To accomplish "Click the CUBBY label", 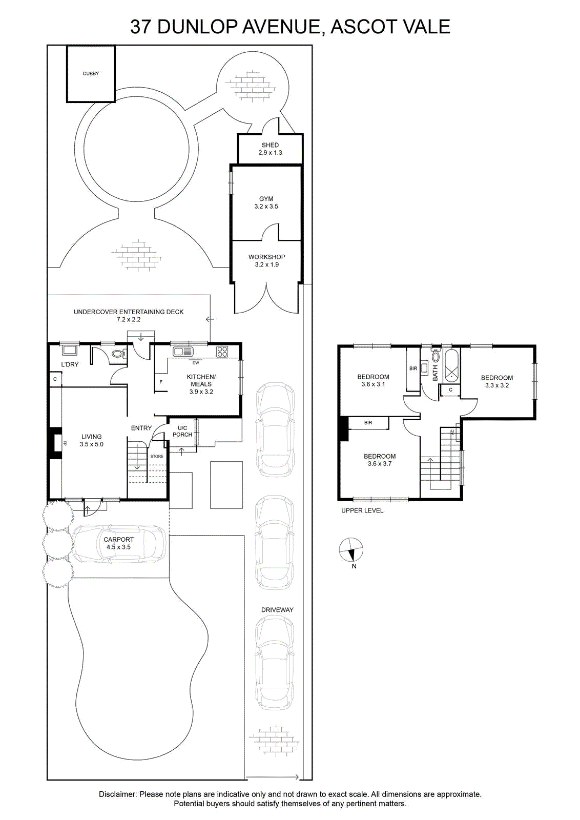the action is tap(91, 74).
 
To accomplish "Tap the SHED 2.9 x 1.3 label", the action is tap(270, 149).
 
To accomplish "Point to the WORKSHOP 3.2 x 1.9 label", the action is tap(267, 261).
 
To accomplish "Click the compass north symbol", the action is tap(351, 550).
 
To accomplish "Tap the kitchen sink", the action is tap(183, 352).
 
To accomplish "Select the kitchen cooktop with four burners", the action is tap(222, 352).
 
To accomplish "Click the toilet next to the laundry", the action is tap(119, 354).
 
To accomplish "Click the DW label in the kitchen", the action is tap(196, 363).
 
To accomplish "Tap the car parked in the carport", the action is tap(118, 544).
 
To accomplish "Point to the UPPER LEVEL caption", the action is tap(362, 510).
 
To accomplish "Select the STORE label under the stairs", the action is tap(157, 457).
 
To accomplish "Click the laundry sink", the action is tap(69, 350).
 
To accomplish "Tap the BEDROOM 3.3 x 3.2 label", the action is tap(497, 381).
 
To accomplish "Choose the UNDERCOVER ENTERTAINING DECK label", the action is tap(129, 312).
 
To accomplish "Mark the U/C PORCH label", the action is tap(182, 431).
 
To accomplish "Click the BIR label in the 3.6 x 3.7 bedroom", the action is tap(368, 423).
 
